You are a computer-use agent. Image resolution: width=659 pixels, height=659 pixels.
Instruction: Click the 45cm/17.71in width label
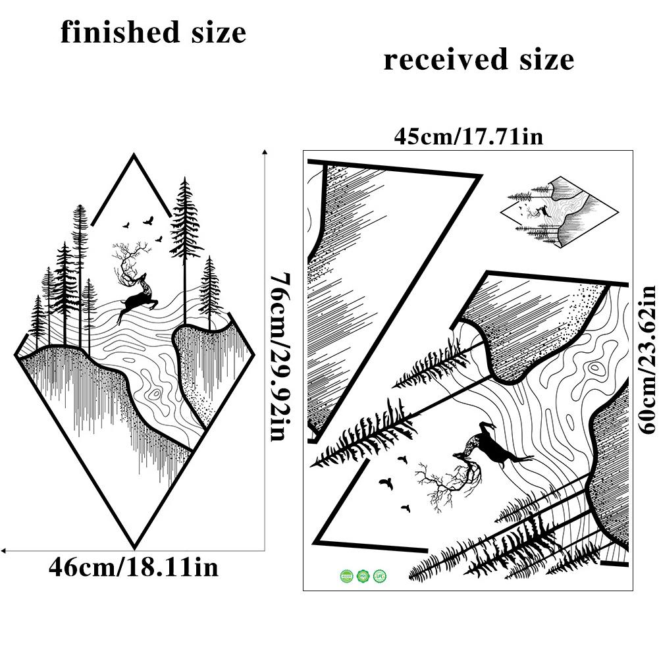[x=468, y=137]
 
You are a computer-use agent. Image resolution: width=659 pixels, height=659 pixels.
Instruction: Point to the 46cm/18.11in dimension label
[x=133, y=567]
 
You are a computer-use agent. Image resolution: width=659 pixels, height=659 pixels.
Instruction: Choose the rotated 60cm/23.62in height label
[x=647, y=359]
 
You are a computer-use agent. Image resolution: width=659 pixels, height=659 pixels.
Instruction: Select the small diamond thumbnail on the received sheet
[x=560, y=212]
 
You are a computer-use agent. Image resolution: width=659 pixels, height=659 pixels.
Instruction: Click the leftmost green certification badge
[x=346, y=577]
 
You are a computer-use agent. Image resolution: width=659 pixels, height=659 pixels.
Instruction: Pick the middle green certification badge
[x=362, y=577]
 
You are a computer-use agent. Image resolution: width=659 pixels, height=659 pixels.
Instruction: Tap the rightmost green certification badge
[x=379, y=577]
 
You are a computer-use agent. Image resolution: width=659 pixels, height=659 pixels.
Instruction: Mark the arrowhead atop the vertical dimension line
[x=265, y=151]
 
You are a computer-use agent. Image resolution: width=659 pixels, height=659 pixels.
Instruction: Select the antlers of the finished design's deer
[x=124, y=260]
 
